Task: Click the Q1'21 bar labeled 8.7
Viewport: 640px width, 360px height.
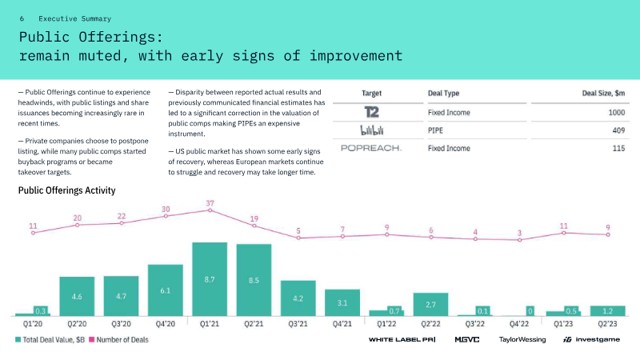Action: (210, 279)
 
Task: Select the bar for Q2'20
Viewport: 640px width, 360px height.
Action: (77, 296)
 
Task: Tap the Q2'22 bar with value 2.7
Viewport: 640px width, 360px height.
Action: (430, 304)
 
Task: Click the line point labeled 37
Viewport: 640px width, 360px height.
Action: (210, 210)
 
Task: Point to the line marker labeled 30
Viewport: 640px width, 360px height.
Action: (166, 216)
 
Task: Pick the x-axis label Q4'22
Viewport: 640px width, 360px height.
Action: (519, 324)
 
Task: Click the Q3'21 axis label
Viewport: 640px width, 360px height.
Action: (298, 324)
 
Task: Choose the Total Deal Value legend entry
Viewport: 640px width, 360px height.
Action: (51, 340)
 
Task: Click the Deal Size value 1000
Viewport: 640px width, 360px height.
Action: (614, 113)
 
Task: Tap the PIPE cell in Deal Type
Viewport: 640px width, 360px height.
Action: (437, 130)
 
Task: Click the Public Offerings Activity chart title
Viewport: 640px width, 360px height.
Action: (66, 190)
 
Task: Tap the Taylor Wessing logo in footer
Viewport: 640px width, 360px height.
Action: (522, 340)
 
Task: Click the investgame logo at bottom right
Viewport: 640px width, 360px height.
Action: (592, 340)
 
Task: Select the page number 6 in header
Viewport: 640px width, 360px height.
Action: (22, 18)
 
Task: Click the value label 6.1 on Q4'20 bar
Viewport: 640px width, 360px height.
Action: (166, 291)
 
